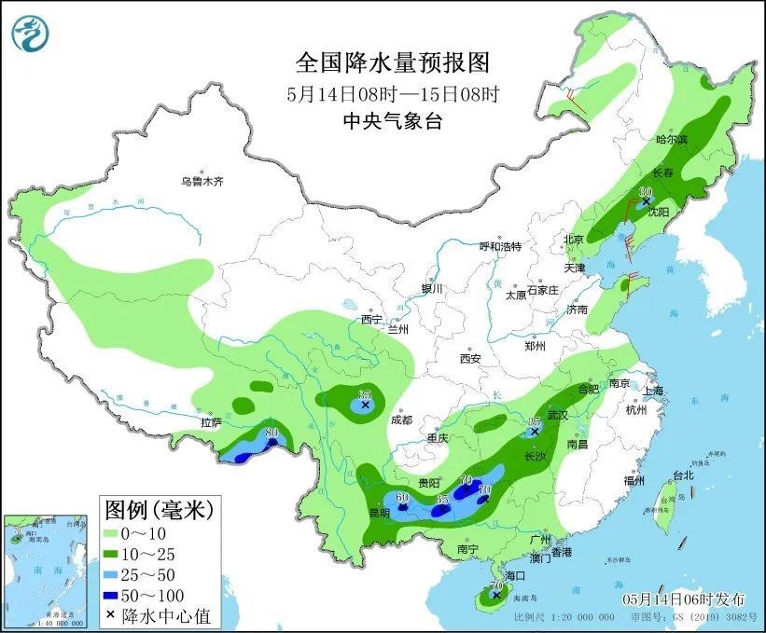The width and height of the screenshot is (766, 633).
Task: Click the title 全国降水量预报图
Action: [392, 62]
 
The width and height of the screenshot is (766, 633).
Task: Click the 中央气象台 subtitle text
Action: [392, 120]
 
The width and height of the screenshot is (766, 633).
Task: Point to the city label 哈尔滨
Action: [671, 139]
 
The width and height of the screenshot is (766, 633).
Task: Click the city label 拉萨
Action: [210, 422]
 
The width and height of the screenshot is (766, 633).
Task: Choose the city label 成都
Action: [401, 420]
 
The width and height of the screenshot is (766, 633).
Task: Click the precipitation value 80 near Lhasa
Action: [272, 433]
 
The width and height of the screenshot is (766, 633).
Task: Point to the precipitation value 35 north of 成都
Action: [365, 394]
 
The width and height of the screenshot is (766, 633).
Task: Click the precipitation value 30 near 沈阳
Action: [645, 192]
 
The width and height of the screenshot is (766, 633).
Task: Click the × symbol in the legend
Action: [112, 615]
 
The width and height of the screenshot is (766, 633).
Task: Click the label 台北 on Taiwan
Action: [683, 475]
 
